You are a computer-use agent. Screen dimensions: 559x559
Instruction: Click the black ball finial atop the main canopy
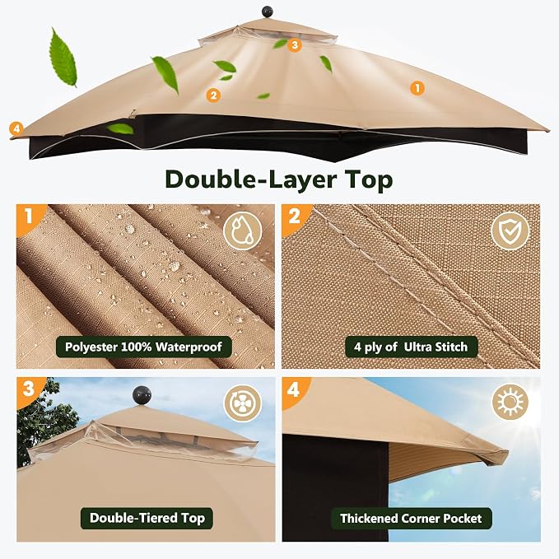268,12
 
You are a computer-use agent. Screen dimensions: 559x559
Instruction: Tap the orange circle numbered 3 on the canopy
295,45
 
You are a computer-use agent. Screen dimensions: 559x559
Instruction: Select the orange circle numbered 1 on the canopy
417,88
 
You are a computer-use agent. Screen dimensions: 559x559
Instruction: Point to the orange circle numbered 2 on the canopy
213,95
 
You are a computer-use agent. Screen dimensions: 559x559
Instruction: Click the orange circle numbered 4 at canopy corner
16,128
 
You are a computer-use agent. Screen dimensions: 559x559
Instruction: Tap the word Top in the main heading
369,180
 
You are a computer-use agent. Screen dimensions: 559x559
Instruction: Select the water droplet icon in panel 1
242,231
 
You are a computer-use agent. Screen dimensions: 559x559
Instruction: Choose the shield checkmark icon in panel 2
510,231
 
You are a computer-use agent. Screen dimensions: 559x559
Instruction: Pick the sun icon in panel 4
510,402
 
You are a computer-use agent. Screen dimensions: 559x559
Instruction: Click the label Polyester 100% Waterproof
144,347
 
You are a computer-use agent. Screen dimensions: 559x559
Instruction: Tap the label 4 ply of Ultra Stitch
411,347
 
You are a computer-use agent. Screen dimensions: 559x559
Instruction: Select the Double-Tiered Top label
147,518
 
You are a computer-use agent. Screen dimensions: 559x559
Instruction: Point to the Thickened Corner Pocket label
411,519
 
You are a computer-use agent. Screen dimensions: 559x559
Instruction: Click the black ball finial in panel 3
142,395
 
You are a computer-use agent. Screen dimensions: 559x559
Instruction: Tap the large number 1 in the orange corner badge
29,216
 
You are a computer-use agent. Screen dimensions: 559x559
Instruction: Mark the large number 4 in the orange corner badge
293,389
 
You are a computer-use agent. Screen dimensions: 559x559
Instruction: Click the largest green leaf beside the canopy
63,57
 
